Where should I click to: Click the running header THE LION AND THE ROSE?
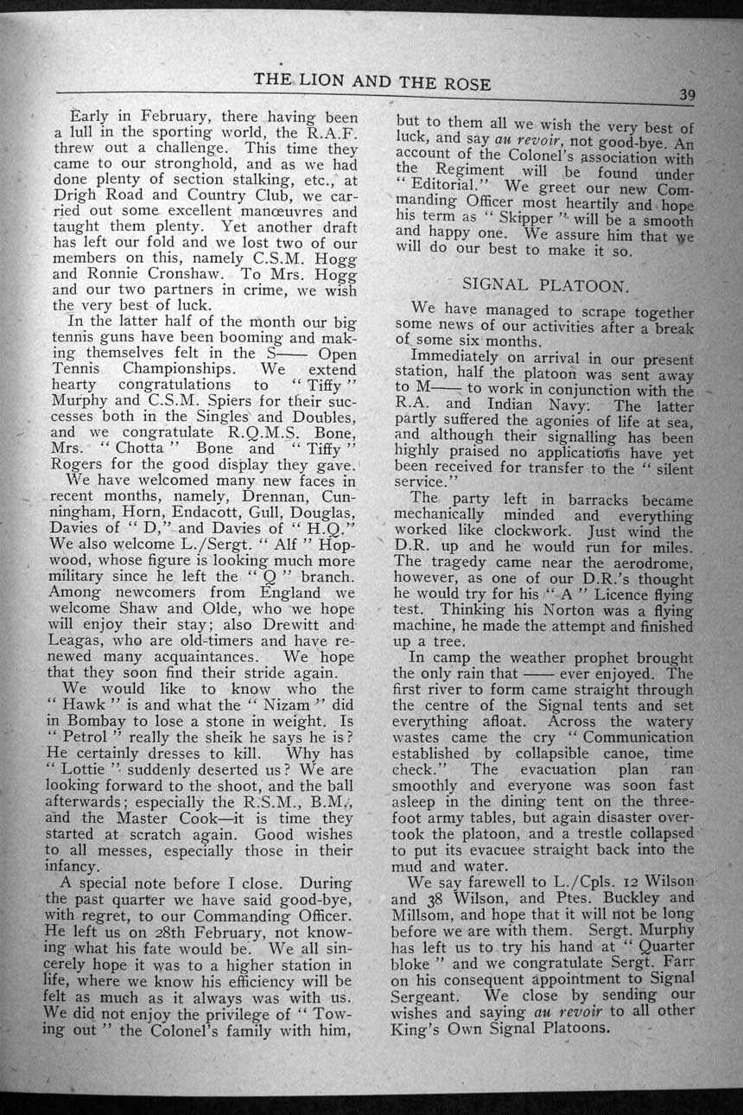coord(372,82)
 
